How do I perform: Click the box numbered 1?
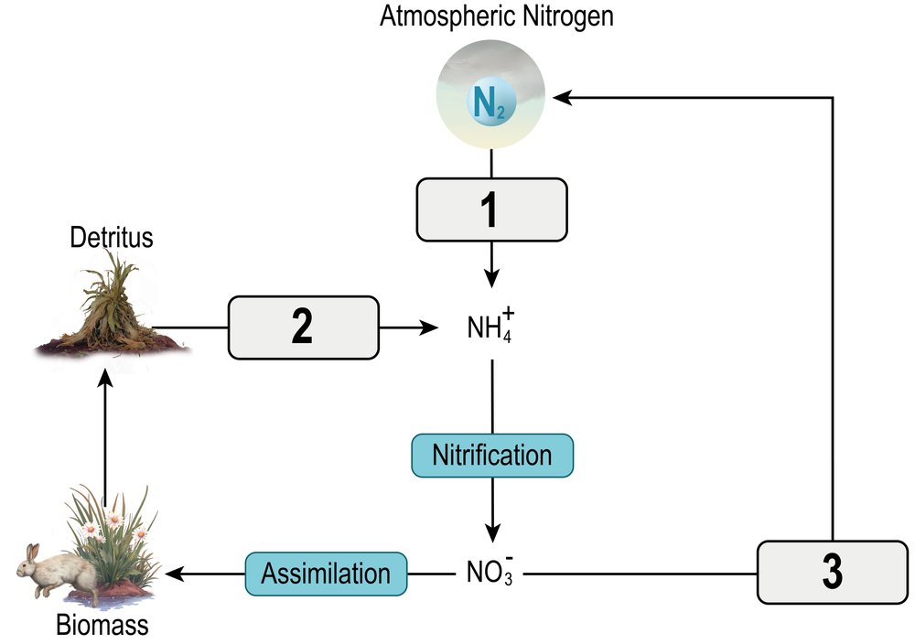(x=491, y=209)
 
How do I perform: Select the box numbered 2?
(x=302, y=327)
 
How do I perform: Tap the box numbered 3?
(x=832, y=573)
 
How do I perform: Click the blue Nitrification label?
(x=492, y=456)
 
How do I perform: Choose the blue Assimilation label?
(x=326, y=574)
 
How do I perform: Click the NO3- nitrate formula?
(x=490, y=574)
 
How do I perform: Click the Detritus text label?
(x=112, y=239)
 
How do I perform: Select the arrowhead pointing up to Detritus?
(x=105, y=378)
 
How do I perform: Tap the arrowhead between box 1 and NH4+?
(x=493, y=277)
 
